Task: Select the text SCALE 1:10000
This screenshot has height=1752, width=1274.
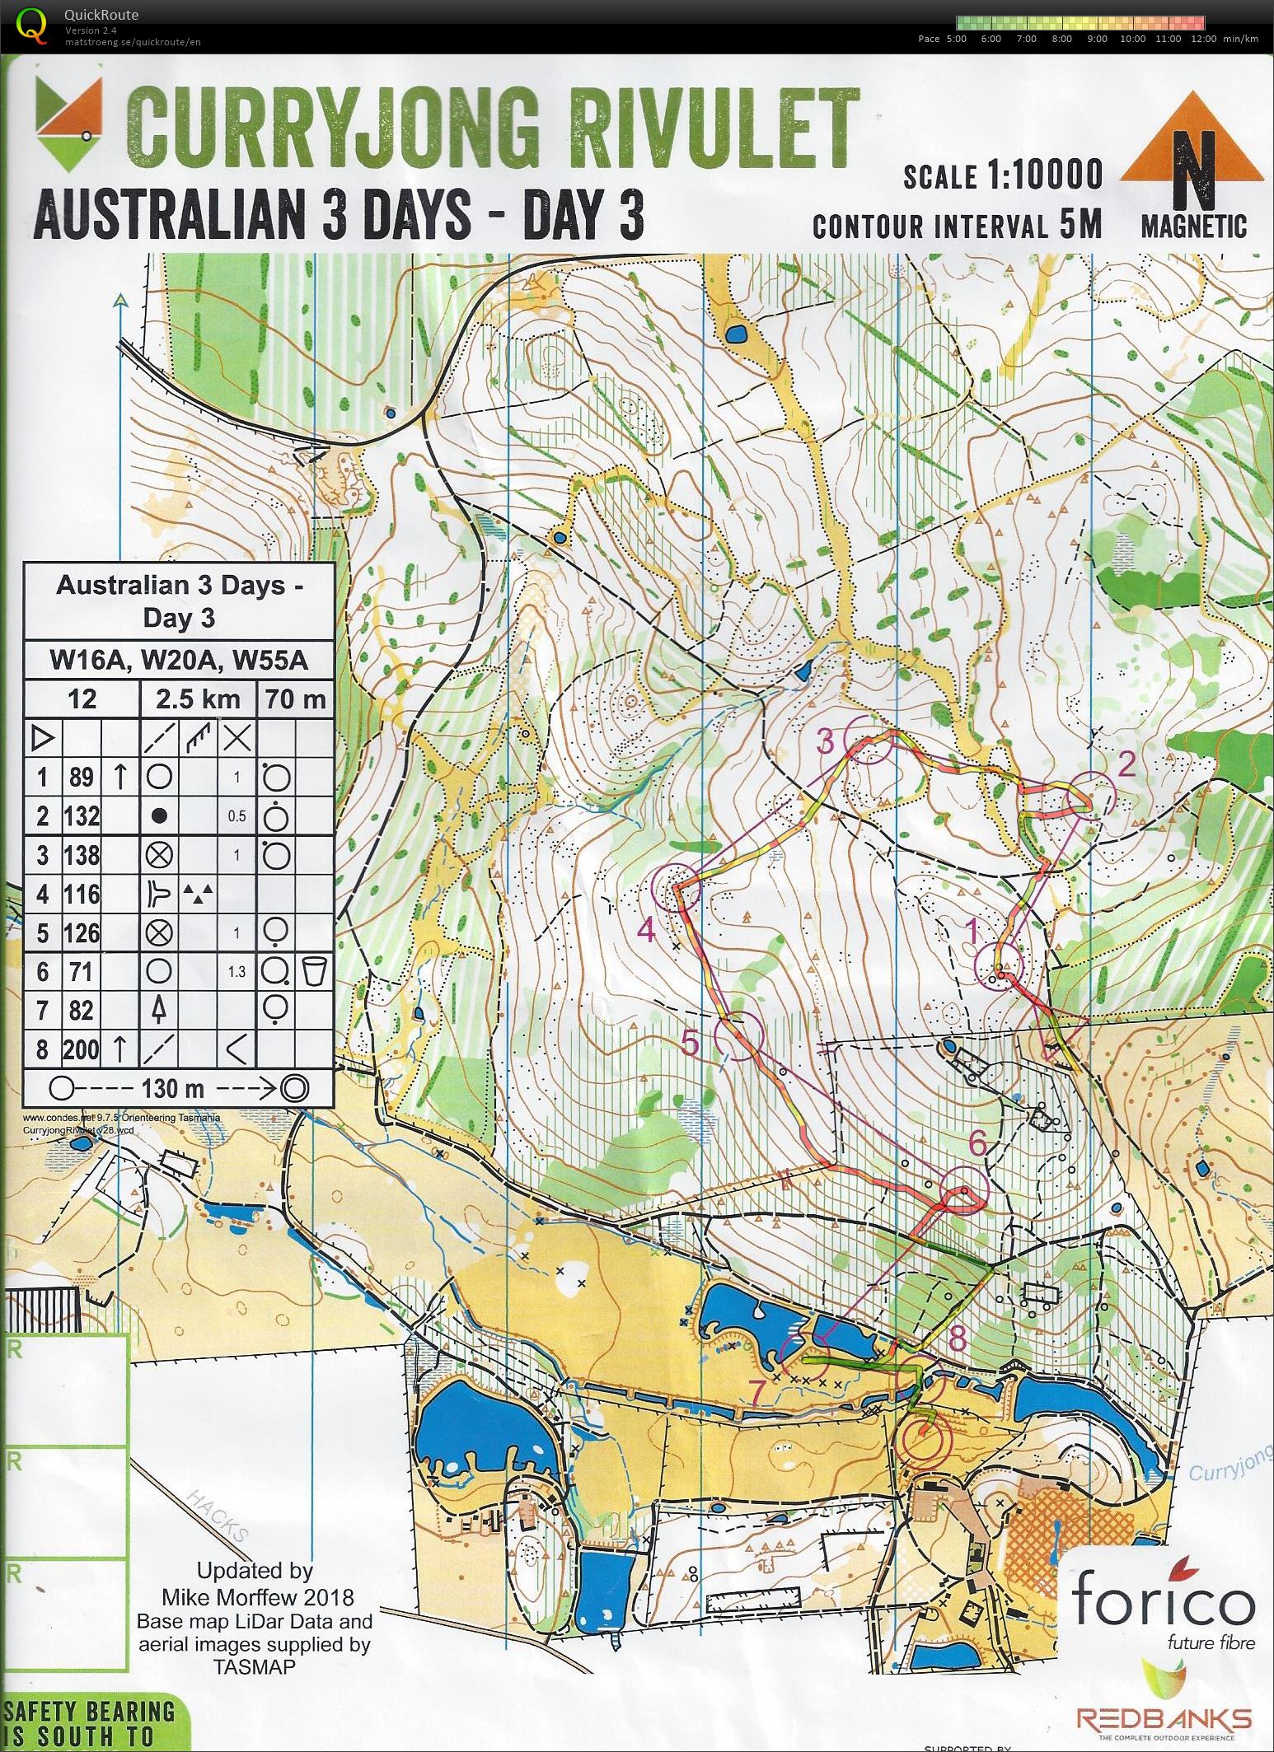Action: pos(1002,175)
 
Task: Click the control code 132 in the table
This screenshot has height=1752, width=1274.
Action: pos(82,815)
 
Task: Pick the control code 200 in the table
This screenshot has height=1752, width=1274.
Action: pos(82,1049)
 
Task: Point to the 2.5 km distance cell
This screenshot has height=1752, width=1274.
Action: pos(198,699)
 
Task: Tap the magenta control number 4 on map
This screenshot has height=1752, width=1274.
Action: pos(646,931)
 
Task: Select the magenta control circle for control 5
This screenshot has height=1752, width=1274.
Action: pos(737,1035)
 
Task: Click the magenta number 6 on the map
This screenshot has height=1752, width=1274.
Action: pos(977,1143)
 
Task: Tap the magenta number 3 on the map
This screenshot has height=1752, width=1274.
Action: pos(826,742)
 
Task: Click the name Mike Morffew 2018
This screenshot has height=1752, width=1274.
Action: pos(257,1598)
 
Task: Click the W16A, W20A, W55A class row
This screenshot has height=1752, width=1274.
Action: pos(179,661)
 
